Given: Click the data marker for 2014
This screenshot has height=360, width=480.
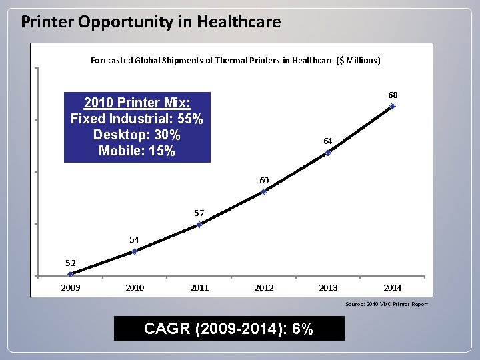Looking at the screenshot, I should pyautogui.click(x=393, y=106).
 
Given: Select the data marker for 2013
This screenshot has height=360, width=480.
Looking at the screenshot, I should pyautogui.click(x=328, y=153).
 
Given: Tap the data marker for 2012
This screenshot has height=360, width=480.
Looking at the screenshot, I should pyautogui.click(x=264, y=192).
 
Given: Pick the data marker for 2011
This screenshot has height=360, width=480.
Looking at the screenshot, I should pyautogui.click(x=199, y=225).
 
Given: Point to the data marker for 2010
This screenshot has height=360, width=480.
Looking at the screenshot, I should pyautogui.click(x=135, y=251).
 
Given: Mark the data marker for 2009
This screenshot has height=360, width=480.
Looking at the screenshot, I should pyautogui.click(x=71, y=273).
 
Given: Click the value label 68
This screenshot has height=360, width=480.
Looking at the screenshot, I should pyautogui.click(x=393, y=95).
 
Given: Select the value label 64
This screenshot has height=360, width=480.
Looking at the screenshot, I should pyautogui.click(x=328, y=141).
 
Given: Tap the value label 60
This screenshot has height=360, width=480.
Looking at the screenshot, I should pyautogui.click(x=264, y=181).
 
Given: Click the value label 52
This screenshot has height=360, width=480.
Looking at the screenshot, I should pyautogui.click(x=71, y=263).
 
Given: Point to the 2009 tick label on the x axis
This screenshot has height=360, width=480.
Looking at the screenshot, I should pyautogui.click(x=71, y=288).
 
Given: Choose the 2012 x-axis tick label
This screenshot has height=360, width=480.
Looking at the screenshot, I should pyautogui.click(x=264, y=288).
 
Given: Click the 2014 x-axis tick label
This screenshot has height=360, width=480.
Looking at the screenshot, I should pyautogui.click(x=393, y=288).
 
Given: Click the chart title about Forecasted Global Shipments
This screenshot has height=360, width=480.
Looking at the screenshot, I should pyautogui.click(x=235, y=60).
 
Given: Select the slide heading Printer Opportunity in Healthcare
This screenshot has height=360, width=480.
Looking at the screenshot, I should pyautogui.click(x=151, y=22).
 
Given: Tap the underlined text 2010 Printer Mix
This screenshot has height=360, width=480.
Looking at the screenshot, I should pyautogui.click(x=137, y=103).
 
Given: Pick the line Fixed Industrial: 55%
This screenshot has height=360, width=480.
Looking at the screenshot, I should pyautogui.click(x=137, y=119).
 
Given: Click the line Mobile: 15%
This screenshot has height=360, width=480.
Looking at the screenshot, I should pyautogui.click(x=137, y=151).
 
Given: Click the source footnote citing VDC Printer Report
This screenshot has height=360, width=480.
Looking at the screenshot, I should pyautogui.click(x=387, y=305).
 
